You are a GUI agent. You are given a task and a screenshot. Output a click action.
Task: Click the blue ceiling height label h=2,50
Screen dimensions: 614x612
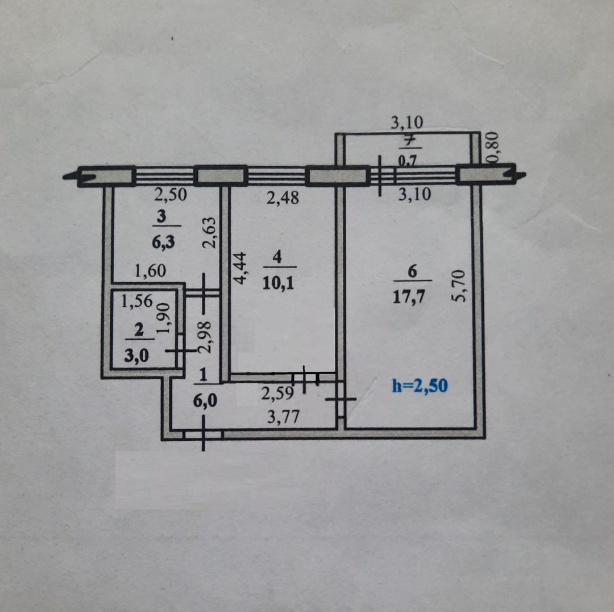(420, 386)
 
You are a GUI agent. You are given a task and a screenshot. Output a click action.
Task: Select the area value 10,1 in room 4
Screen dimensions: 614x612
(278, 283)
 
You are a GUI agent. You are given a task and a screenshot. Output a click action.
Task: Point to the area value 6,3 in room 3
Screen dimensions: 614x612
(163, 243)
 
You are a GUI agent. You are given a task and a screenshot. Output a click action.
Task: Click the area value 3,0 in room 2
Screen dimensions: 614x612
(136, 356)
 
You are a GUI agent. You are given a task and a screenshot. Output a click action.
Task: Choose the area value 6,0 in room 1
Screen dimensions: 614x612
(205, 401)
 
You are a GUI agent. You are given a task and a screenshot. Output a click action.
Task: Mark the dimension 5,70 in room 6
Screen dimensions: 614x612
(459, 285)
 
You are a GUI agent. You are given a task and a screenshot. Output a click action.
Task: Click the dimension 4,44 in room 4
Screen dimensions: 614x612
(240, 268)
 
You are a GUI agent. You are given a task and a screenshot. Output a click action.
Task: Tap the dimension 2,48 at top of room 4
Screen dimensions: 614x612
(283, 198)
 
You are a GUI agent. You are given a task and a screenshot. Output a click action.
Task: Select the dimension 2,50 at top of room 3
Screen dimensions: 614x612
(171, 195)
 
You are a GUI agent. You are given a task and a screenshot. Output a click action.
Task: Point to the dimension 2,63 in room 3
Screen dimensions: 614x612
(209, 232)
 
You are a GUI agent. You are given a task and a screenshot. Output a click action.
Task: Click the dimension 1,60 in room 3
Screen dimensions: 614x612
(150, 271)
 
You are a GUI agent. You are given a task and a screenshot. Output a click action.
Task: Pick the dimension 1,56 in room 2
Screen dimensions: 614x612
(136, 301)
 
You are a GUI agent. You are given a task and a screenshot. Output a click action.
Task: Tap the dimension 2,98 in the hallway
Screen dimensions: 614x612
(205, 337)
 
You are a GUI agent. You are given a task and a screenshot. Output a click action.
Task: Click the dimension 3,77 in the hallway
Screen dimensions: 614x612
(283, 417)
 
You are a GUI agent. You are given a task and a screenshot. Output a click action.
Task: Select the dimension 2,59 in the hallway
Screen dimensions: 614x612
(277, 393)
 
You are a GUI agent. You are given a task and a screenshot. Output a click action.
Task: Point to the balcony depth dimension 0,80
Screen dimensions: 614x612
(492, 147)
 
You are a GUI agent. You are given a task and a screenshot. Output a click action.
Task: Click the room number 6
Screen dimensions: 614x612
(412, 272)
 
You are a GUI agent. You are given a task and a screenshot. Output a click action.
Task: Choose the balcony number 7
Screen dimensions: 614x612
(409, 141)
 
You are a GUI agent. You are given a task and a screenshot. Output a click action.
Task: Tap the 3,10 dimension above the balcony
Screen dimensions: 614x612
(407, 123)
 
